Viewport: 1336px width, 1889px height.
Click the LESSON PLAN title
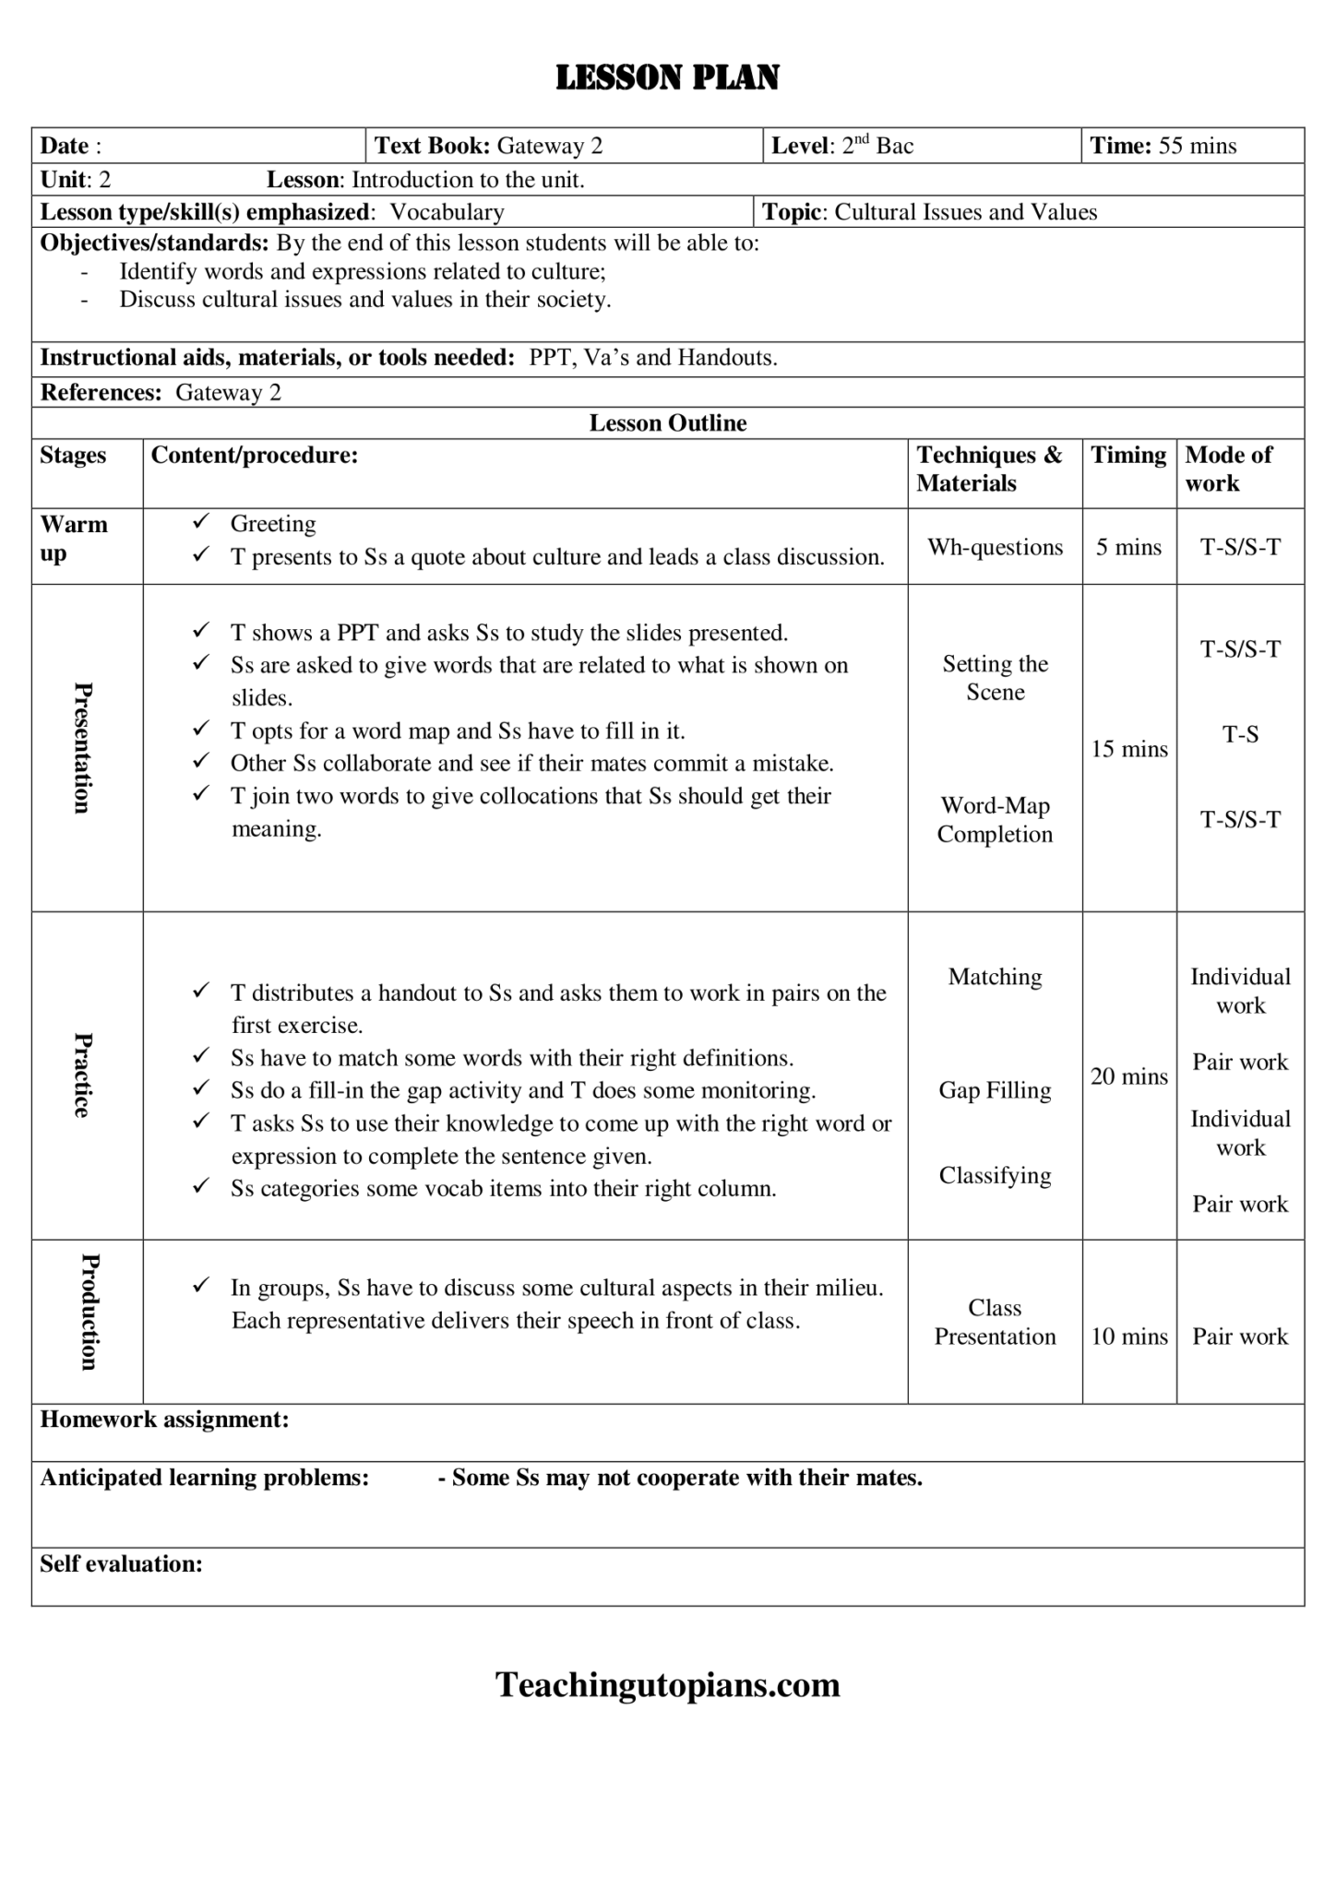667,77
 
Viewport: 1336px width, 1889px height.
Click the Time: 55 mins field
1163,146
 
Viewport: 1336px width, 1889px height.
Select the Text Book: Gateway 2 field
488,146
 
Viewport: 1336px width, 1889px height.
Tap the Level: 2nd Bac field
841,146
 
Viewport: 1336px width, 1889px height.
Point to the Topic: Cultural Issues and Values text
929,212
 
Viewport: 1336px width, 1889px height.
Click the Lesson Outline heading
668,423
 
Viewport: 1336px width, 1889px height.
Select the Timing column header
1128,455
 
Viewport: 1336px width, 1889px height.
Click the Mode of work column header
1228,469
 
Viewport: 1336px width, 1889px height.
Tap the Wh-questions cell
995,547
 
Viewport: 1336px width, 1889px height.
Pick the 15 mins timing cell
1129,749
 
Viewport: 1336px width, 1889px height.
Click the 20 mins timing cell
1129,1076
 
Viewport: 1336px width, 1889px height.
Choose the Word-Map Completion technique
995,820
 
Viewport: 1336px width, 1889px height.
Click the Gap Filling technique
995,1090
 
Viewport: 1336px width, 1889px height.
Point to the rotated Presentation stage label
83,747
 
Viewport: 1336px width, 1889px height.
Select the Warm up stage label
74,539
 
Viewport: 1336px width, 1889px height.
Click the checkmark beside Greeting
200,522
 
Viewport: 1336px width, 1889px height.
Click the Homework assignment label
164,1420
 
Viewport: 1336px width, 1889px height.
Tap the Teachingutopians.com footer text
667,1685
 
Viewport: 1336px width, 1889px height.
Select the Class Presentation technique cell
995,1322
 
